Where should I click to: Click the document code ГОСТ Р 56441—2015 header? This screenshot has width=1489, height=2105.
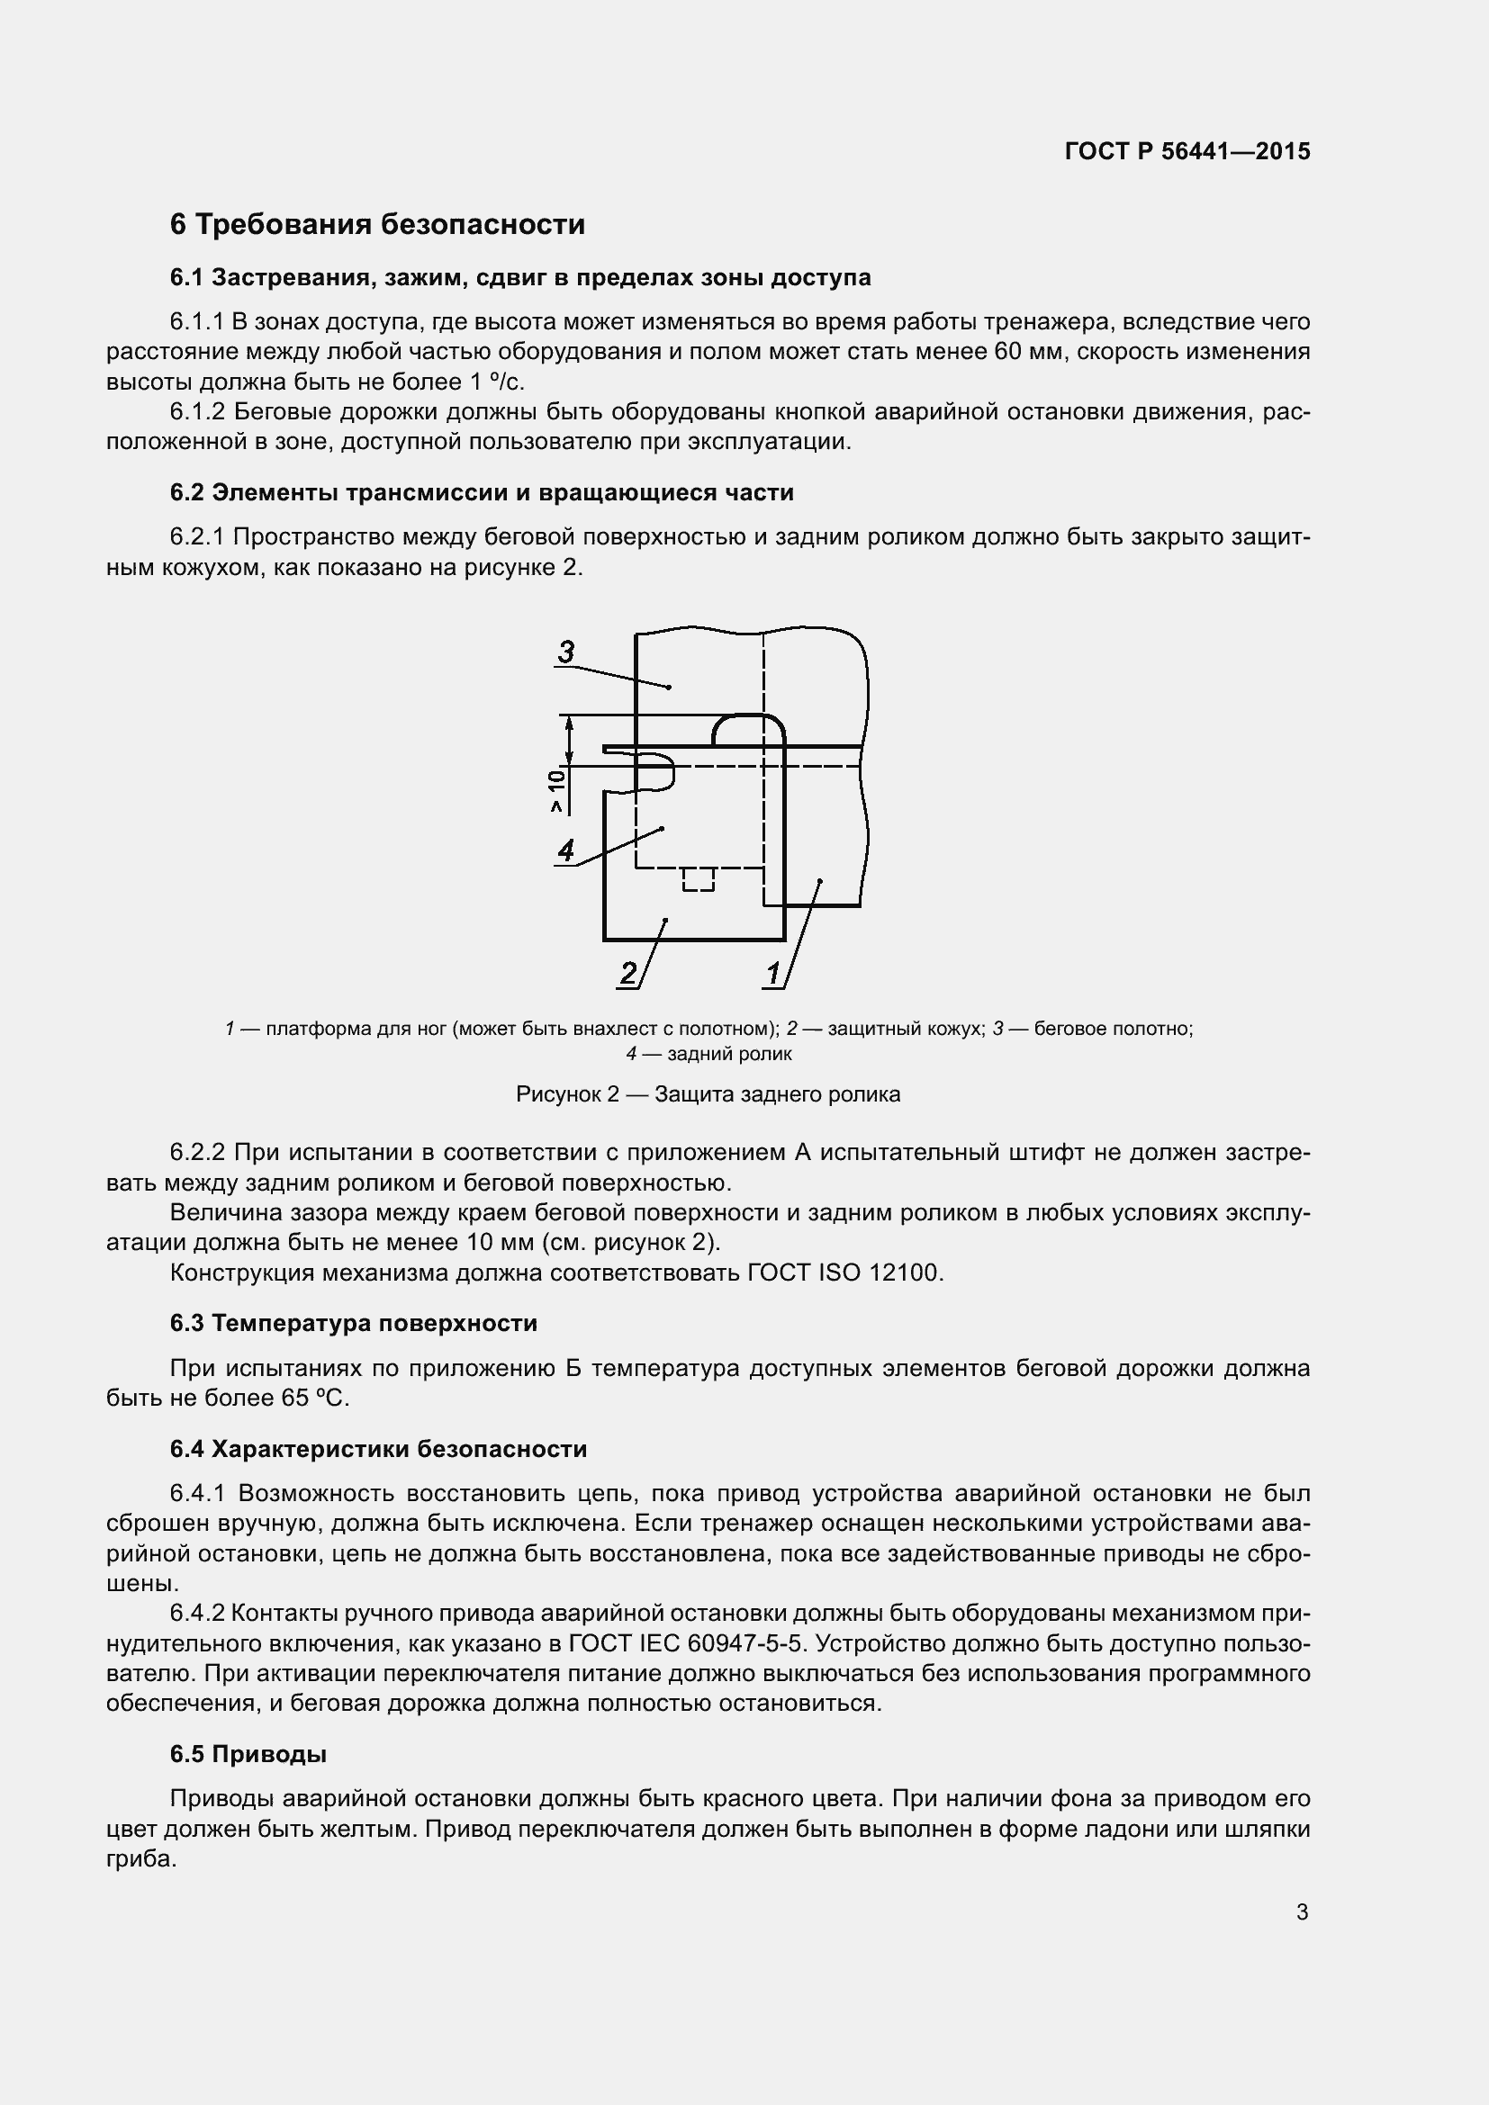1187,151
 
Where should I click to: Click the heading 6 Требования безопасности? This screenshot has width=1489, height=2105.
377,225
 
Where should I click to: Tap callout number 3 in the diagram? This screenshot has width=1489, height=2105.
565,652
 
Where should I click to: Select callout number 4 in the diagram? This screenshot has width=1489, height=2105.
565,850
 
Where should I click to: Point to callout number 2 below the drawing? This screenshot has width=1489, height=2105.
628,972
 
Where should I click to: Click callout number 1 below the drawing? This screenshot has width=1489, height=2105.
773,972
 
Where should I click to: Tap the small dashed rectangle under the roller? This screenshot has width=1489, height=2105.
699,879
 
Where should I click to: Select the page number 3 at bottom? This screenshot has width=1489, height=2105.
1302,1912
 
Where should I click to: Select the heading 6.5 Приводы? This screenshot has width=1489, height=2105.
248,1754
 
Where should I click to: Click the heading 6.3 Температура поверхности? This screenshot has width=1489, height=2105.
353,1323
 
